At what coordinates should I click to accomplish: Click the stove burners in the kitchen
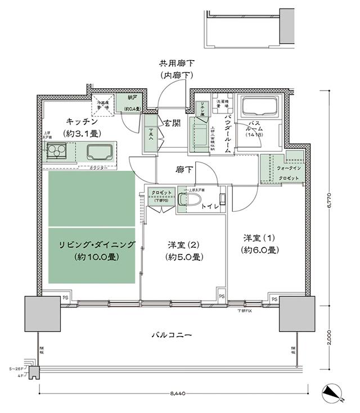point(56,151)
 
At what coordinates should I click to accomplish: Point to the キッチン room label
point(82,121)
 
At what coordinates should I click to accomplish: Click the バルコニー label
point(172,335)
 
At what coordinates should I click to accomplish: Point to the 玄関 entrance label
point(172,122)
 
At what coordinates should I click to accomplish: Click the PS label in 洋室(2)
point(221,296)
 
